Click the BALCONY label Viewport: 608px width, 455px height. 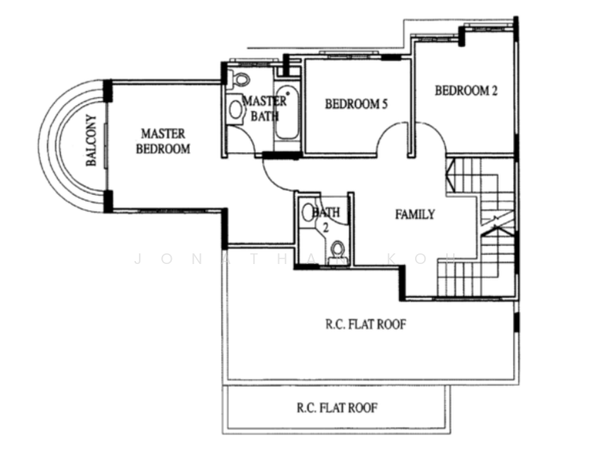(x=90, y=141)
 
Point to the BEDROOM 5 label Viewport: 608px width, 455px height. (x=356, y=104)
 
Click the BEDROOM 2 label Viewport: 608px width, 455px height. (x=466, y=91)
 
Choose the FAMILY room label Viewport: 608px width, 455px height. (x=415, y=215)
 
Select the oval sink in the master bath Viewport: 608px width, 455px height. (x=236, y=109)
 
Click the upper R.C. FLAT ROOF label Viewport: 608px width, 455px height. (x=366, y=324)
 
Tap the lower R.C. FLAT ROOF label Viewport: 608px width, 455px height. (x=337, y=408)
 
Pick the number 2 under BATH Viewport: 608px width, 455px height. (x=325, y=227)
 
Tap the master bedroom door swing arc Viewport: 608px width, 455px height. (x=272, y=179)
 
